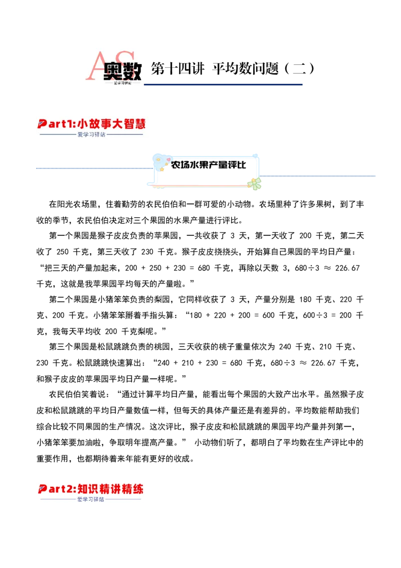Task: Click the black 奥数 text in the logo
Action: tap(123, 71)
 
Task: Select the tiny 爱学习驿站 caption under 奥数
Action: tap(122, 83)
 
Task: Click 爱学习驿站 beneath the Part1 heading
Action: tap(91, 134)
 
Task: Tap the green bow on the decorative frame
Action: tap(256, 184)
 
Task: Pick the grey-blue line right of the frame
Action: tap(319, 175)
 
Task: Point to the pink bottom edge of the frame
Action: tap(200, 186)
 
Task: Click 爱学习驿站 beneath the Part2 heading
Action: tap(91, 499)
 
